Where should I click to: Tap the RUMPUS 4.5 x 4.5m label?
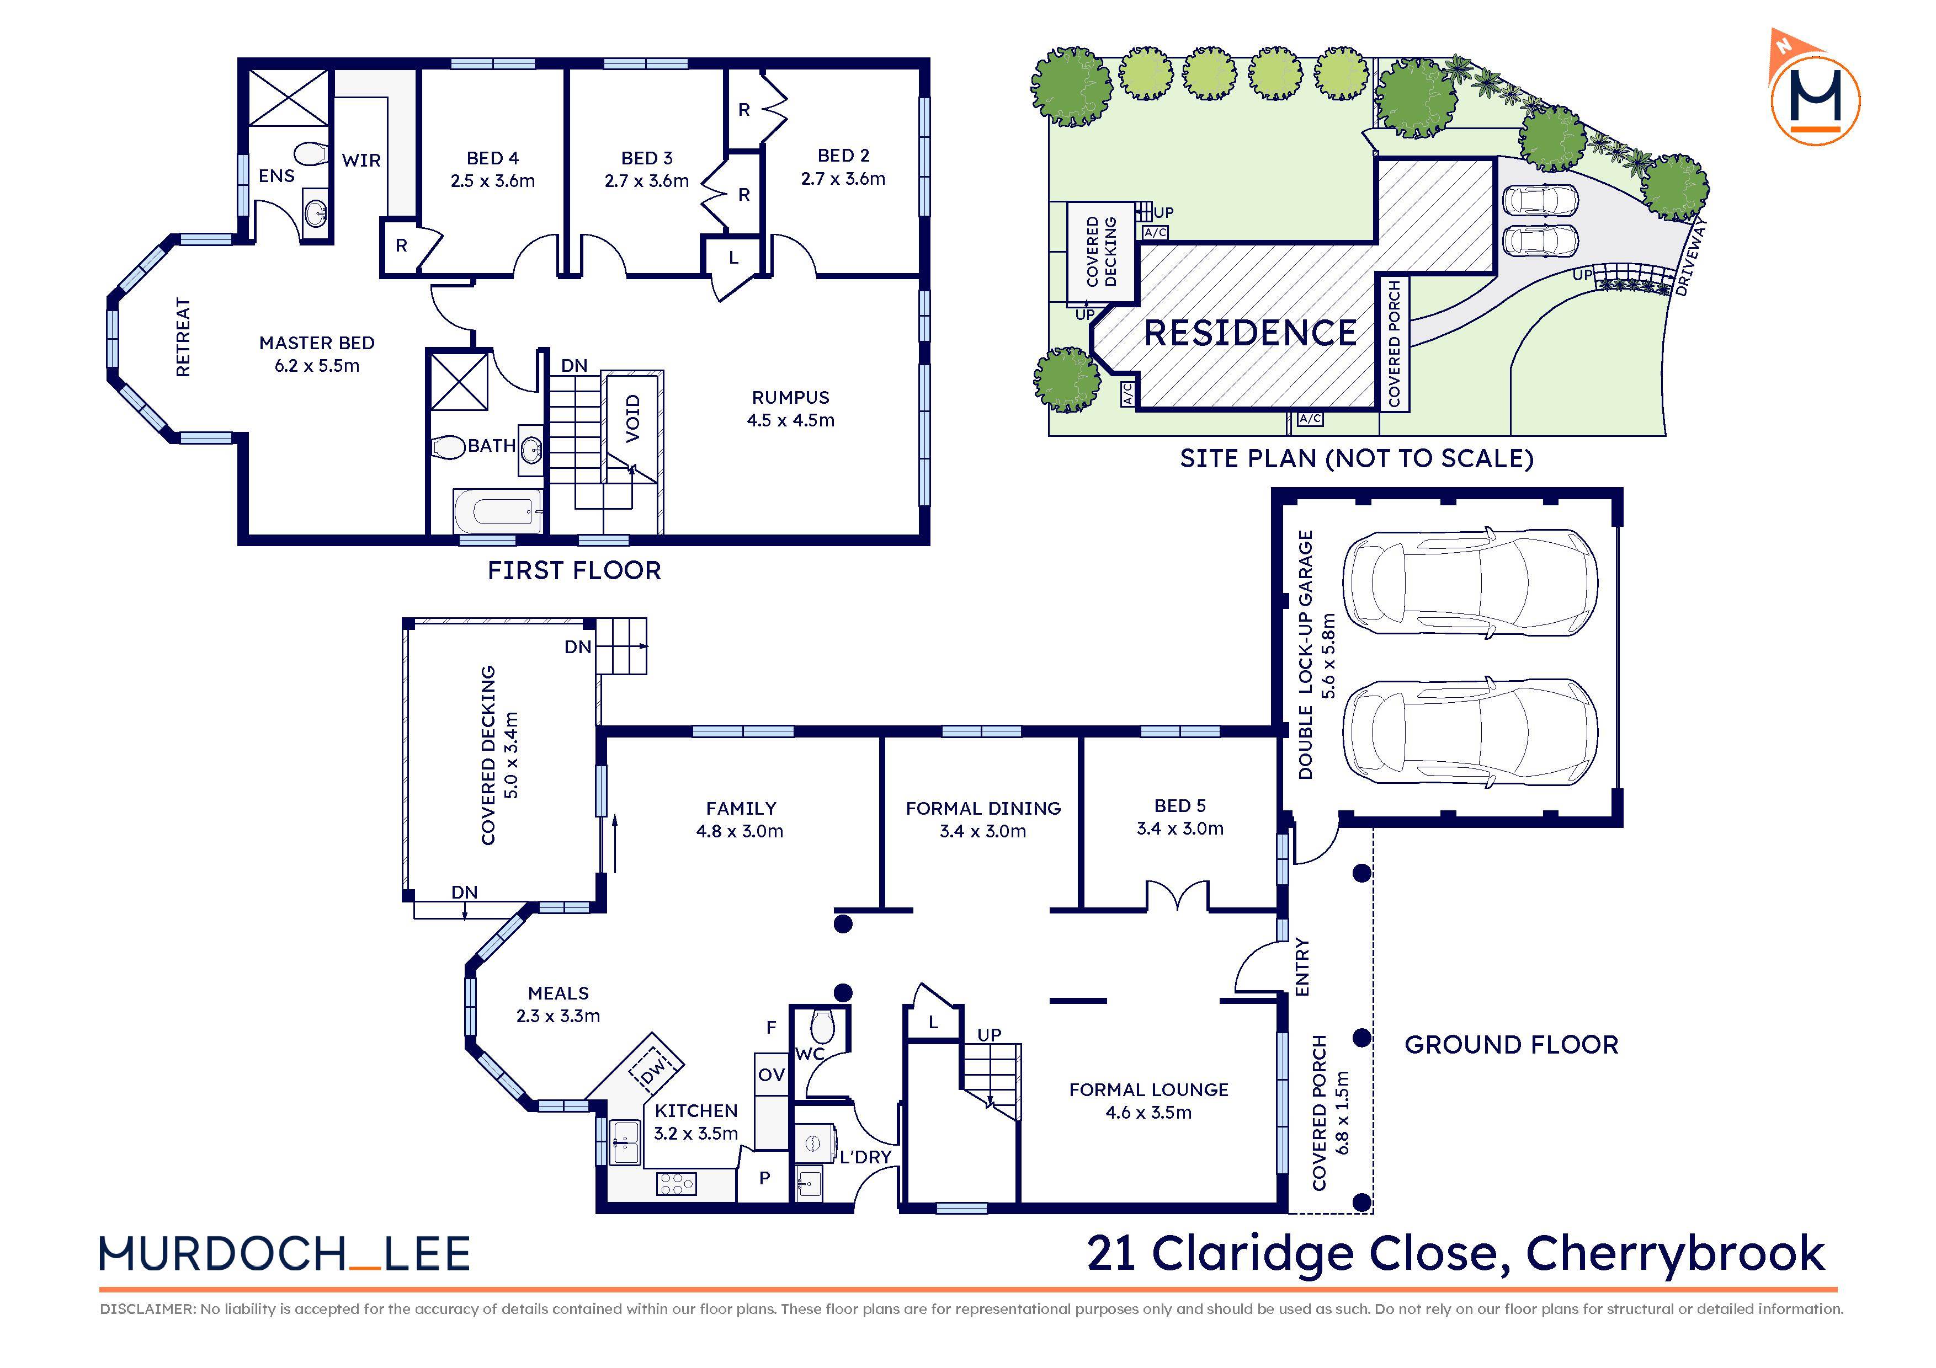(790, 408)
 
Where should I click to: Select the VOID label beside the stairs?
(633, 418)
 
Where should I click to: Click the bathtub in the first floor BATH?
(497, 511)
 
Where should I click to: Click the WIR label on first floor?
(361, 160)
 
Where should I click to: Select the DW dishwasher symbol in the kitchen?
(653, 1072)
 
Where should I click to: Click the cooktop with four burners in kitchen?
(676, 1183)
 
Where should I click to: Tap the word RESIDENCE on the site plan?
(1249, 333)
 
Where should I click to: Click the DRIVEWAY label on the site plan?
(1690, 256)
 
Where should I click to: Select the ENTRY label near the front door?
(1302, 967)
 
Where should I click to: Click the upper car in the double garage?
(1469, 581)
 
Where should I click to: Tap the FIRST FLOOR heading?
(573, 570)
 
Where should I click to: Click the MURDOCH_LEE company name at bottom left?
(284, 1254)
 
